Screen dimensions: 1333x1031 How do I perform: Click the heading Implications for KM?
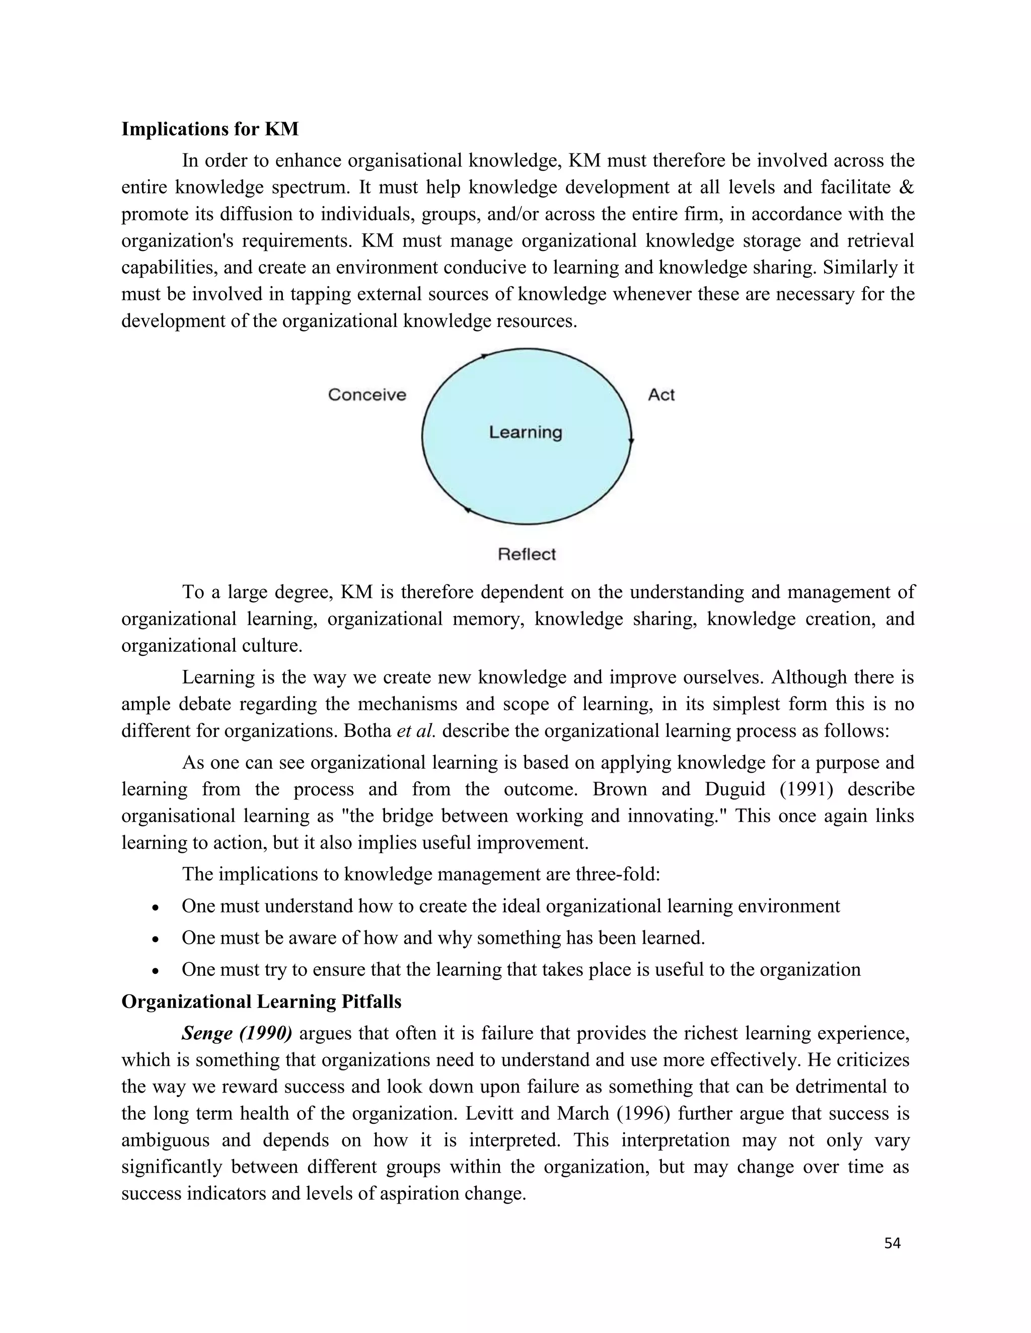coord(209,129)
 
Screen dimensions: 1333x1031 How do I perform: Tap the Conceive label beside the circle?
coord(366,395)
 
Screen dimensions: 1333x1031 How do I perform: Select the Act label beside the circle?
coord(661,395)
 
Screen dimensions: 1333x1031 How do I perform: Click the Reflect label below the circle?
coord(527,554)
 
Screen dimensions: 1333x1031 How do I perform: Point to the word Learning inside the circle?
coord(525,432)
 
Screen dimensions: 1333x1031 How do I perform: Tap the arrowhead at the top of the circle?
coord(484,356)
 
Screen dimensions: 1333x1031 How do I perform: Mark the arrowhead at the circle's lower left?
coord(467,510)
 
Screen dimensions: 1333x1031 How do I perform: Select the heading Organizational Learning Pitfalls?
coord(261,1002)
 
